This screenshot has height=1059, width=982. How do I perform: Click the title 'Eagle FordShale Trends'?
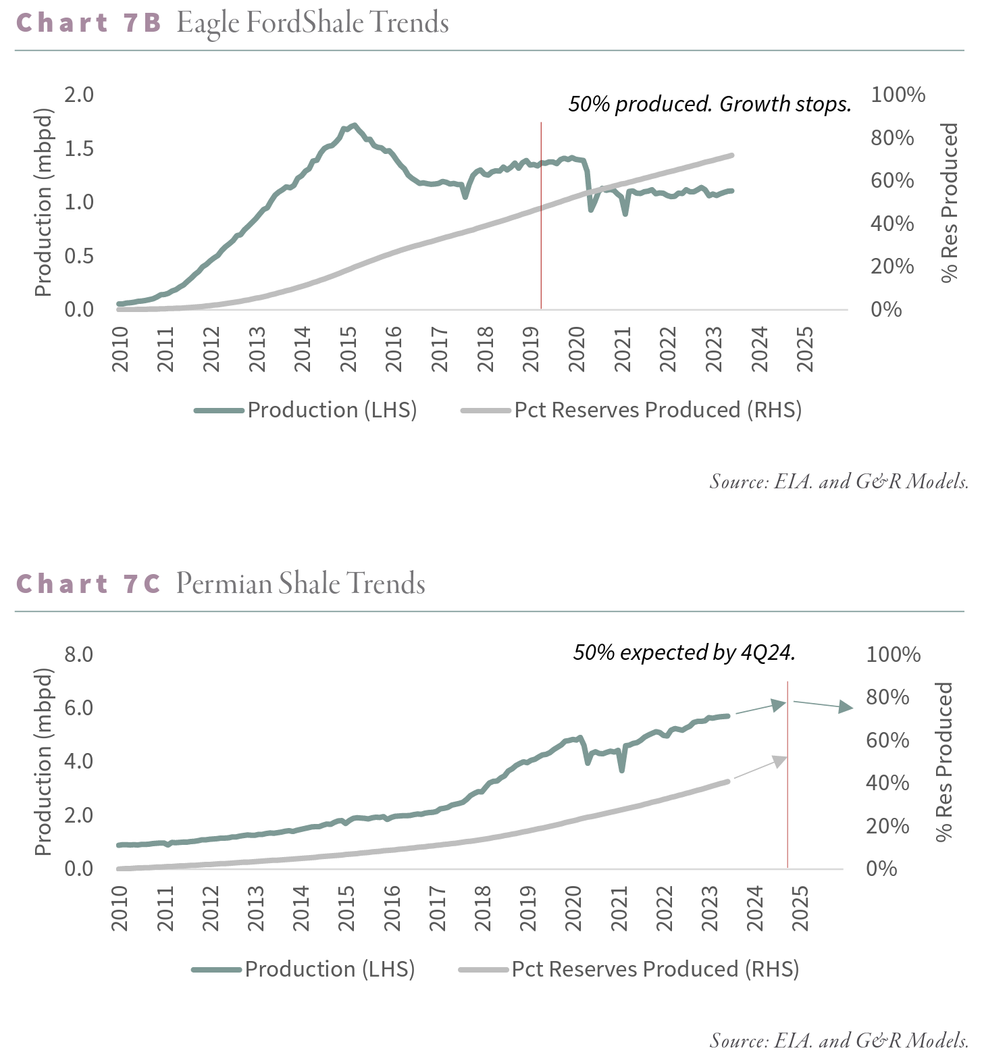coord(313,24)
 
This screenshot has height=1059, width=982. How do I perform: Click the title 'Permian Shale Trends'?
coord(301,584)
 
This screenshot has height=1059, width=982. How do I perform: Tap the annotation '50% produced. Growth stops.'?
coord(709,104)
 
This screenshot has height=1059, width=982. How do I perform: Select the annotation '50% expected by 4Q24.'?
coord(684,652)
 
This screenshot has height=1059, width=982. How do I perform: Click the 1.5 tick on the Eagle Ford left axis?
coord(79,149)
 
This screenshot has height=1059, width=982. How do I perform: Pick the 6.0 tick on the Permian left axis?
coord(79,708)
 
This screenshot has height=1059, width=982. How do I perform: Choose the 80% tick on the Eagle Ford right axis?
coord(892,138)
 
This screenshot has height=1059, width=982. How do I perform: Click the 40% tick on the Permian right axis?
coord(887,783)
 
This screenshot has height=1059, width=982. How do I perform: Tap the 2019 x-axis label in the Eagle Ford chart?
coord(532,349)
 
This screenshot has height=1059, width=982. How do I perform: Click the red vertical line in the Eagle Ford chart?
coord(541,216)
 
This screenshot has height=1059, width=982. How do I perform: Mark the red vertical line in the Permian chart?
coord(787,777)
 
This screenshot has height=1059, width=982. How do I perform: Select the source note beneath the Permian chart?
coord(839,1041)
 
